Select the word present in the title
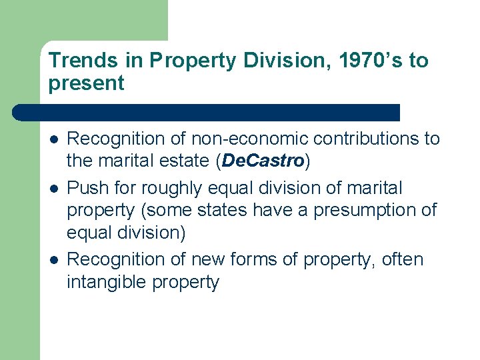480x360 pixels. tap(86, 83)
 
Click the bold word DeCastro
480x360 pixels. tap(263, 161)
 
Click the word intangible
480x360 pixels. tap(106, 282)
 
